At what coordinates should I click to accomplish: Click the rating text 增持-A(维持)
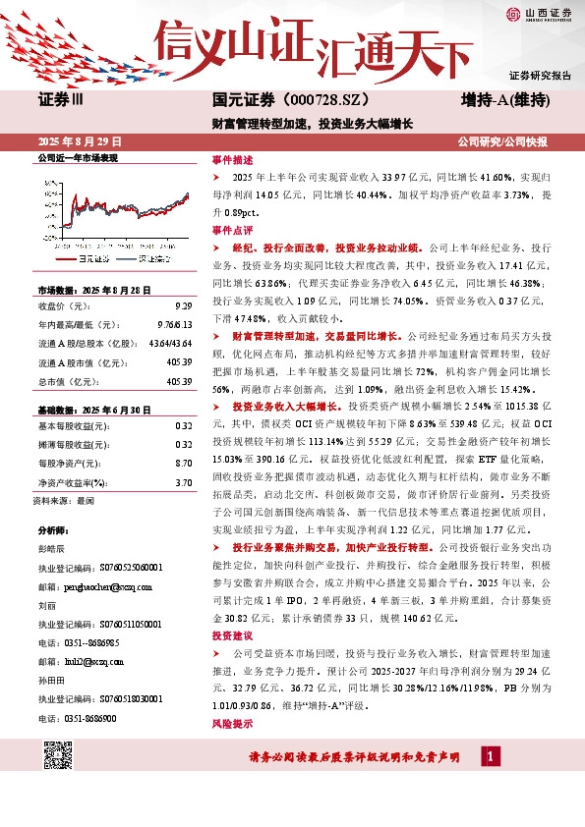click(x=504, y=100)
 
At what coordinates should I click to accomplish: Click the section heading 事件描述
click(x=233, y=159)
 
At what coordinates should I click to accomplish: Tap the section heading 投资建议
click(x=233, y=635)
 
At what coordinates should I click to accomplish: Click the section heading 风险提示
click(x=233, y=724)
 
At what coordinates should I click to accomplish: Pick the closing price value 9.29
click(x=183, y=306)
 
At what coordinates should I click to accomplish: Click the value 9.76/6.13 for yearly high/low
click(x=174, y=324)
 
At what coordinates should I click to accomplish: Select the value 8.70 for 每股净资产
click(x=183, y=434)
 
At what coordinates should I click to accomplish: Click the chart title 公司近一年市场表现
click(x=78, y=158)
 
